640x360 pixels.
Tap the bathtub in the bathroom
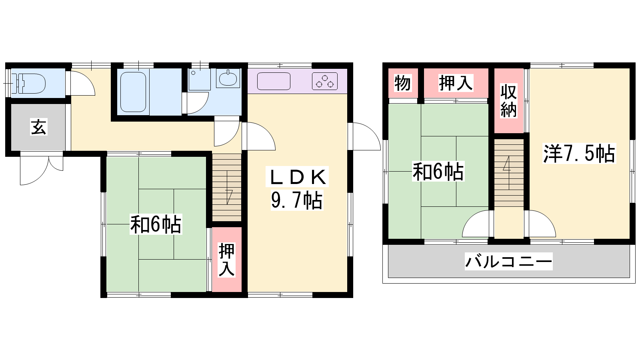133,92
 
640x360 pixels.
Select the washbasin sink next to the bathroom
228,78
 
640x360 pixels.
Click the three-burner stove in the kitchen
324,81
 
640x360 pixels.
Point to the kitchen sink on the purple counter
274,81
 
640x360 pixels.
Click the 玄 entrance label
38,127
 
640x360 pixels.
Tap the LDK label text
297,177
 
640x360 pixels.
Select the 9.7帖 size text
297,200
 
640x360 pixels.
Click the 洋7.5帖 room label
579,154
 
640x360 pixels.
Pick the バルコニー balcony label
508,262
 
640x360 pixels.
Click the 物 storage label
402,83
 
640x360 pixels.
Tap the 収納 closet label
508,101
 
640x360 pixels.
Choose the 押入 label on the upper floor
456,83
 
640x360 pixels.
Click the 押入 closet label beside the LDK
226,260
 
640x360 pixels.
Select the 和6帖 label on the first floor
156,224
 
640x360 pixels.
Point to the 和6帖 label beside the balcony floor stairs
438,172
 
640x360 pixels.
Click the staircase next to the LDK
227,188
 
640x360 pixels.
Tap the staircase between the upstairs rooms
509,173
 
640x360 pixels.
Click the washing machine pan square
200,79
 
